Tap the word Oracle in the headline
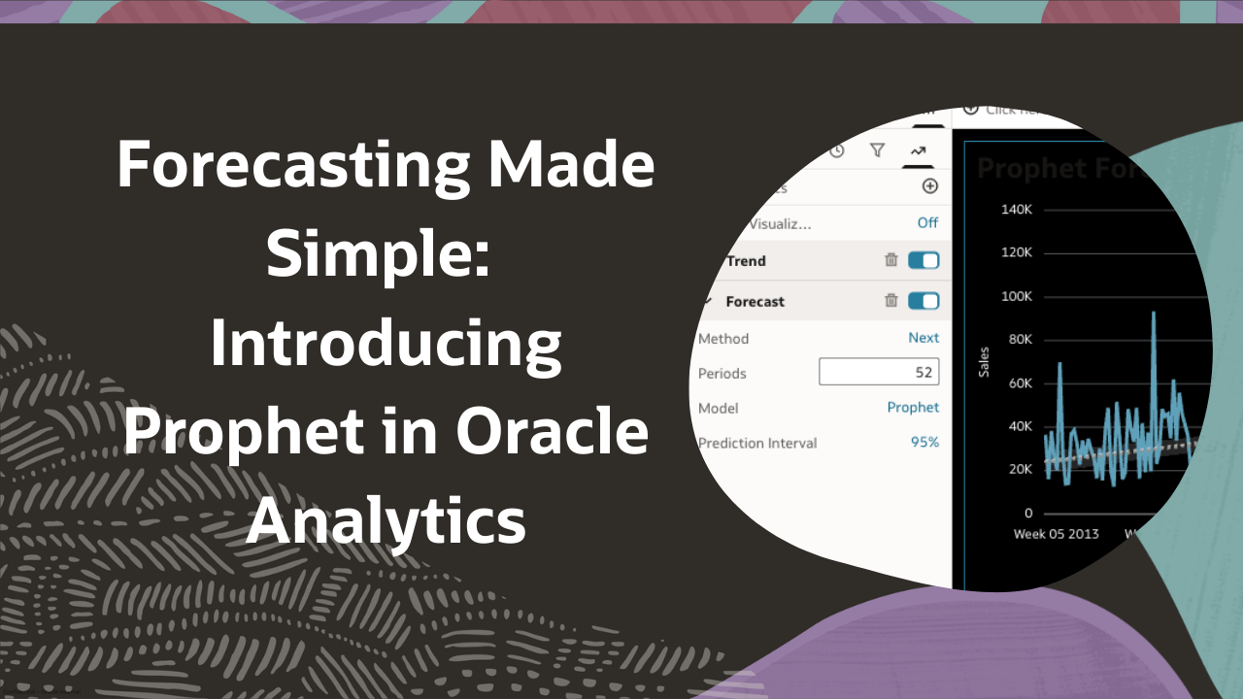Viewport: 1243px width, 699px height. click(553, 433)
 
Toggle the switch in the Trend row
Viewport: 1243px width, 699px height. click(924, 260)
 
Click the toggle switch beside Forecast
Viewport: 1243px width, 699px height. click(924, 301)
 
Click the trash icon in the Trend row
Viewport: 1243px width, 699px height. click(890, 260)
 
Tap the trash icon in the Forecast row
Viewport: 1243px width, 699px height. click(890, 301)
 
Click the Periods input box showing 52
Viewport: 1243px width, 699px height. click(878, 372)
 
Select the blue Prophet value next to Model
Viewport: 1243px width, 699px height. click(913, 408)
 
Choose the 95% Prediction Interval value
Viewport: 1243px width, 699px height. click(924, 443)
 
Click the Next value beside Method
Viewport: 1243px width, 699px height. click(924, 338)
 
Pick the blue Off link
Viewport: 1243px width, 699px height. click(927, 222)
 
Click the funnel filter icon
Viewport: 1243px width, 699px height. click(877, 150)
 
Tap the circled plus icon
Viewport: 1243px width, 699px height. click(929, 186)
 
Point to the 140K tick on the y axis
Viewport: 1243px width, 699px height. click(1016, 210)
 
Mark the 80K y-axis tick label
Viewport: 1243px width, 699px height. click(1020, 339)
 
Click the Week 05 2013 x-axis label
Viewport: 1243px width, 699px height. click(1057, 534)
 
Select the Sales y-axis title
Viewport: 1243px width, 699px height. click(984, 361)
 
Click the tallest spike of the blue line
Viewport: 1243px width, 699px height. click(1153, 315)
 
